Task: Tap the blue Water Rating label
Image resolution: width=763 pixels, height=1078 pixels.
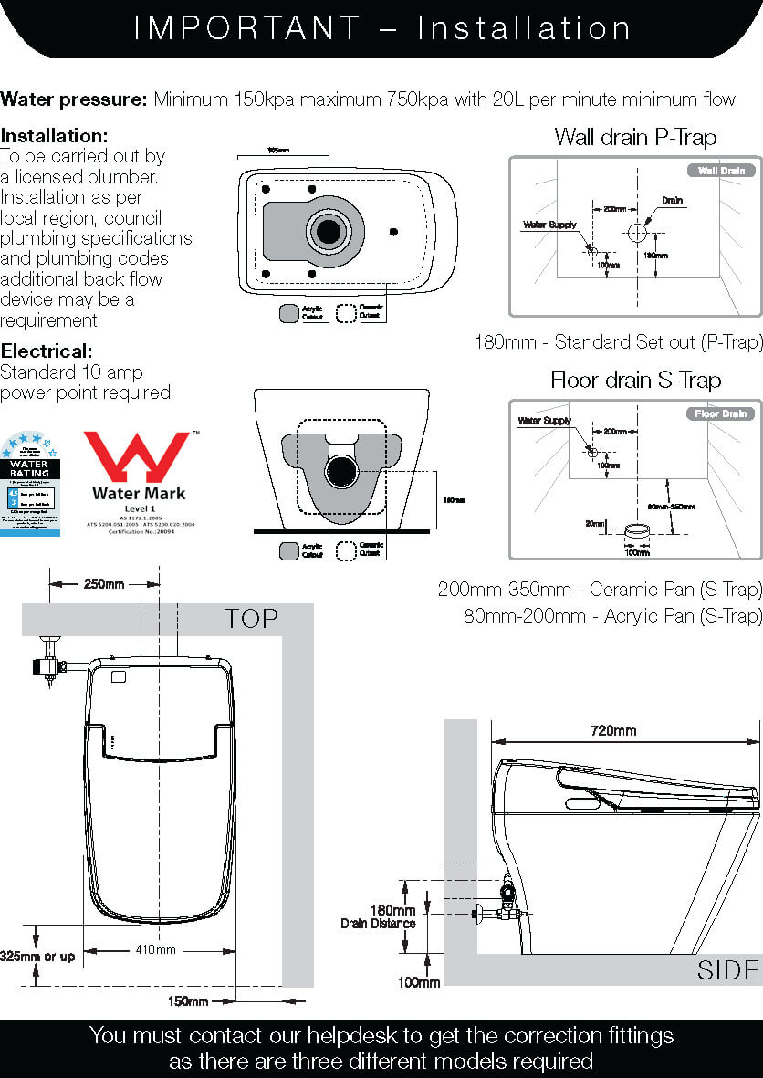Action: (30, 484)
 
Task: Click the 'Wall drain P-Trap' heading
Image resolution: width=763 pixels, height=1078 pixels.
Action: (635, 137)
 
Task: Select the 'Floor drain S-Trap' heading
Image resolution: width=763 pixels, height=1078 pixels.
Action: (635, 380)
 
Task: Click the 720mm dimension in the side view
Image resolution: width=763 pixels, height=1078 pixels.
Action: (612, 730)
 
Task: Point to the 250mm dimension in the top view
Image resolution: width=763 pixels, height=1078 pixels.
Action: (105, 583)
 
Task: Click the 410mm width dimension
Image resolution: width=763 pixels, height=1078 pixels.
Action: (155, 950)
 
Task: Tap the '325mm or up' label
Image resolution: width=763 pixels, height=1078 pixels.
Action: (38, 956)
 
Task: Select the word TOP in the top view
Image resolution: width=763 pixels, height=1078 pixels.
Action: (252, 619)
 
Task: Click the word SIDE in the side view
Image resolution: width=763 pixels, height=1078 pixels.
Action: (727, 969)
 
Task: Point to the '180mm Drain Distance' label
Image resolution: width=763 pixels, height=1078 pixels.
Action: (378, 916)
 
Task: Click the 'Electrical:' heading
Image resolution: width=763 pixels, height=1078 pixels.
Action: (47, 351)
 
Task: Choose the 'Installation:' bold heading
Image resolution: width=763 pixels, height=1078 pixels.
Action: (55, 135)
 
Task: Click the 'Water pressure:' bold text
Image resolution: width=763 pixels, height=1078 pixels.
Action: (75, 99)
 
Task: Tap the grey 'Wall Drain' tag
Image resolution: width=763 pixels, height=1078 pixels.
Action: (721, 171)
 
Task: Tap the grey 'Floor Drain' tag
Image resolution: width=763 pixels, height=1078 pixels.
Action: (720, 414)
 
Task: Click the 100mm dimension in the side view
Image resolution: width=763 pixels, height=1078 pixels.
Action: (419, 982)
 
